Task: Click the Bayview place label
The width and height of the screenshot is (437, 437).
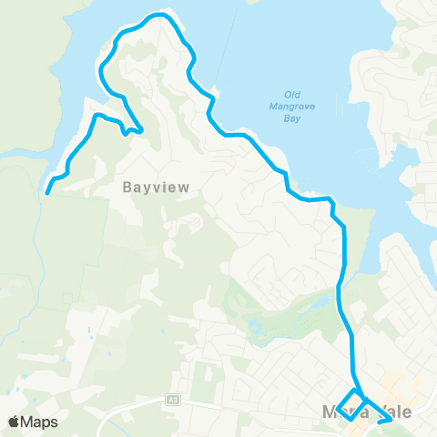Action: coord(156,187)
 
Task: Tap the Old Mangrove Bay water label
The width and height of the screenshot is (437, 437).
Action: coord(292,106)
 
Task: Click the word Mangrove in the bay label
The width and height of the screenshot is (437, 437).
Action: coord(292,106)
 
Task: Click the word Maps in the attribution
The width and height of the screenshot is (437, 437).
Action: coord(40,422)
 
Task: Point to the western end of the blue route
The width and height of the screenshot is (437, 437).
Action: coord(47,191)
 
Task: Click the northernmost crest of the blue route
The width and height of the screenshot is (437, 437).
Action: coord(161,15)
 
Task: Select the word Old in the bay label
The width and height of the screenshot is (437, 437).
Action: coord(292,94)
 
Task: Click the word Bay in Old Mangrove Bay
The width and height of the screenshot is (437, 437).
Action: coord(292,117)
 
